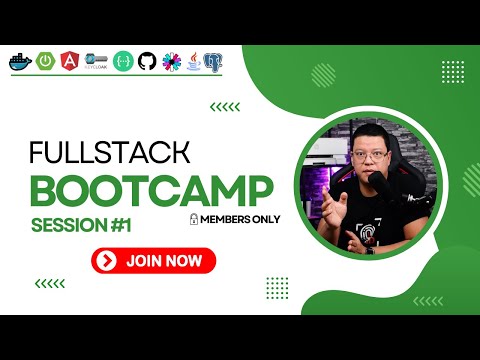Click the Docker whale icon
point(19,61)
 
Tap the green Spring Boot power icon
point(45,61)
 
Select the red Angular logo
point(71,61)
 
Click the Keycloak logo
point(96,61)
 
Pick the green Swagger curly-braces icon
point(122,61)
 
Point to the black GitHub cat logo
point(147,61)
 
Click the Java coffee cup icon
point(193,61)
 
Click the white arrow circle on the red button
point(106,261)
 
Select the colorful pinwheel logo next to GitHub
point(171,61)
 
